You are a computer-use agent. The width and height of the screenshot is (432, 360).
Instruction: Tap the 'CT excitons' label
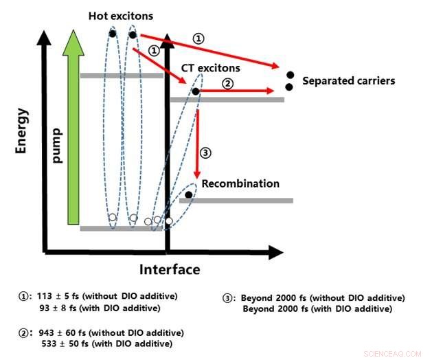[x=211, y=68]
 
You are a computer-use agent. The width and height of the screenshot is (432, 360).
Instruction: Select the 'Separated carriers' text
[x=350, y=81]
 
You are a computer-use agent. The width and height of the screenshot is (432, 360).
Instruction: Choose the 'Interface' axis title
[x=170, y=269]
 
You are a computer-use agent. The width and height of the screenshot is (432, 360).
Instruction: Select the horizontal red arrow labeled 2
[x=240, y=91]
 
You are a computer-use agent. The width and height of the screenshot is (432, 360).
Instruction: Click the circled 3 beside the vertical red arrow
[x=205, y=152]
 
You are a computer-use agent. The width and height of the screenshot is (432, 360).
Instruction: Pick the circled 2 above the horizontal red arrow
[x=229, y=81]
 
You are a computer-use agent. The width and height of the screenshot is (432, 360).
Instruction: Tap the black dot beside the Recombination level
[x=188, y=195]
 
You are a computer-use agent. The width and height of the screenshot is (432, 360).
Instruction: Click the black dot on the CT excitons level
[x=195, y=91]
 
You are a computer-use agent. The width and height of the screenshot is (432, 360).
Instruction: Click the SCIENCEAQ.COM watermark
[x=396, y=353]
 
